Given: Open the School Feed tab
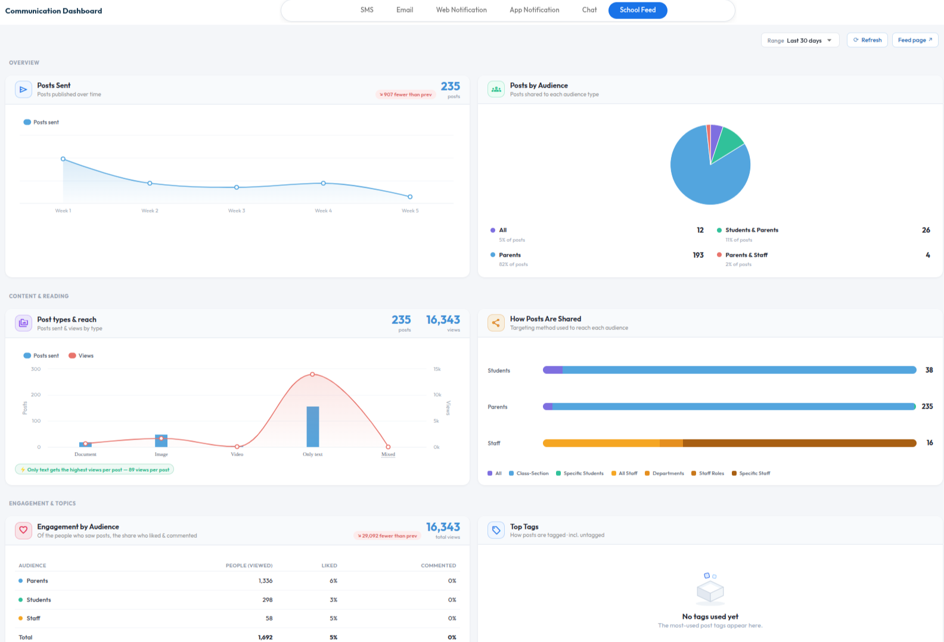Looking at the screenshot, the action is (638, 10).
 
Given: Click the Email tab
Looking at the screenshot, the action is (405, 10).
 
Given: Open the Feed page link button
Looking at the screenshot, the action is (915, 40).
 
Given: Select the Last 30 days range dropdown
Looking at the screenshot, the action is (800, 40).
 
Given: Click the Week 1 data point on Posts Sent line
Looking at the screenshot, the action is (63, 159).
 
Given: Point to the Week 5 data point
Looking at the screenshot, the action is (410, 197).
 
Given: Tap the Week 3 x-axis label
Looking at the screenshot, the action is (237, 211).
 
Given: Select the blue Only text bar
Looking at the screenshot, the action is (313, 426).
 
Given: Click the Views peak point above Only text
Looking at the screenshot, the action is (312, 374).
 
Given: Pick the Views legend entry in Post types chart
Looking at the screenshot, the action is (81, 356).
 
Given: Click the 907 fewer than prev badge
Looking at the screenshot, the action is (405, 94).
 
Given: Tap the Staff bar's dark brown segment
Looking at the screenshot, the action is (799, 442).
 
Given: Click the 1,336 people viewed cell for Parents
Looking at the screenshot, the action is (266, 581).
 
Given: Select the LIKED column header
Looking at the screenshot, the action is (329, 565).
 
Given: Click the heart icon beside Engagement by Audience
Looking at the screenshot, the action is (24, 531).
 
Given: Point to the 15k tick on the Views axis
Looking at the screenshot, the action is (437, 369).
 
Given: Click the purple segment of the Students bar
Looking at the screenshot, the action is (552, 370).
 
